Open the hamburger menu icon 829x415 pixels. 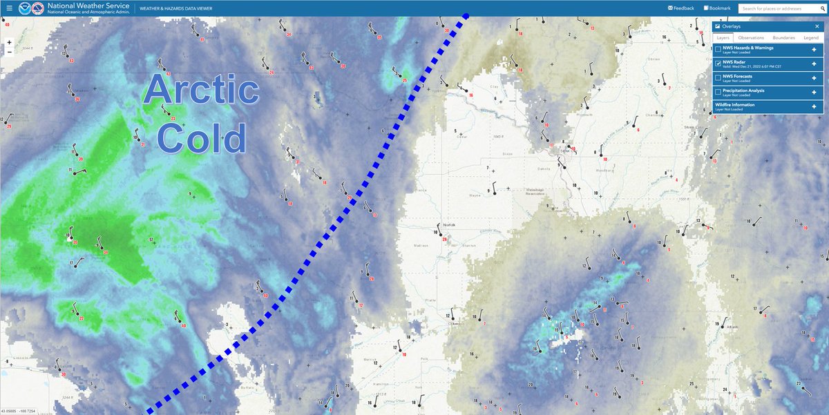pos(9,8)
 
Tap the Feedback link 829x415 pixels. pos(681,8)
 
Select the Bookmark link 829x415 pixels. pos(717,8)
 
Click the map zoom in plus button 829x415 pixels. pos(9,42)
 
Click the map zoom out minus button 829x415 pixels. pos(9,52)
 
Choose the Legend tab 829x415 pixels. pos(811,37)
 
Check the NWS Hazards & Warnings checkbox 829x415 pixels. pos(718,49)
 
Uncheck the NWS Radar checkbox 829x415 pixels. pos(718,64)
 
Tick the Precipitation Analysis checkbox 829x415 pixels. pos(718,92)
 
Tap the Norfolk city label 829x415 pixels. pos(450,225)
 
